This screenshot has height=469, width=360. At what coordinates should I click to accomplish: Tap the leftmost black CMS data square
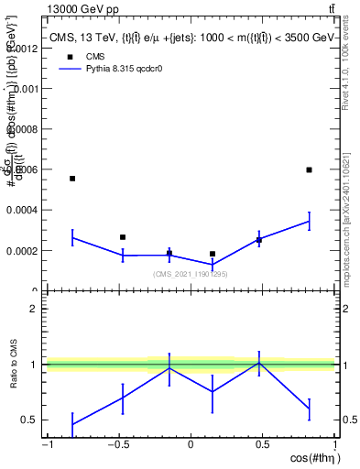click(x=72, y=179)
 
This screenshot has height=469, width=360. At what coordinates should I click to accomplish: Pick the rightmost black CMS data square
click(x=310, y=169)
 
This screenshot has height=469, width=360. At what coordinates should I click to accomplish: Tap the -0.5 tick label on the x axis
click(x=117, y=445)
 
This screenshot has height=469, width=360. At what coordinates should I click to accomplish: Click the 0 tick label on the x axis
click(x=191, y=445)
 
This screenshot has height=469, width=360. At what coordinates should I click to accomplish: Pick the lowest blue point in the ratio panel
click(x=72, y=424)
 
